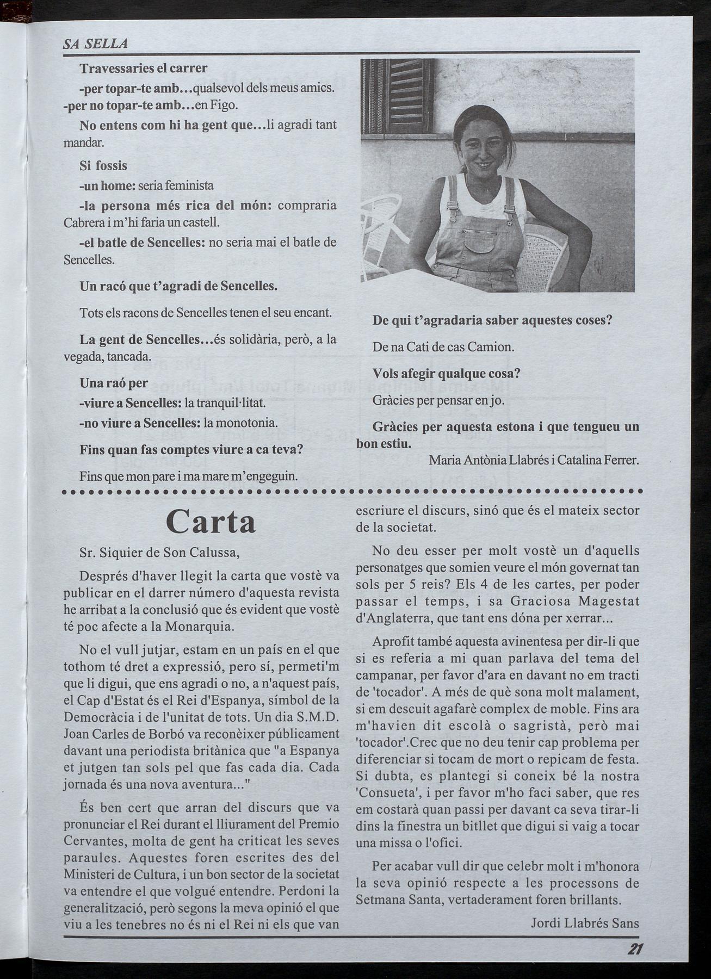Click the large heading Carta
point(211,522)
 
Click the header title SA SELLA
point(95,44)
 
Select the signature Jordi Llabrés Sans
point(585,922)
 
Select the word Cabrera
point(82,222)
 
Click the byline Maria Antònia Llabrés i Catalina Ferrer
point(534,460)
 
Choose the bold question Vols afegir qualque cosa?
point(447,374)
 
